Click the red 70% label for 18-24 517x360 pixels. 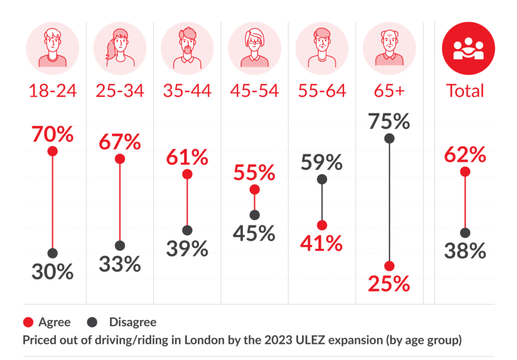pos(53,135)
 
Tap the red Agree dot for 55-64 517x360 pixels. pos(322,225)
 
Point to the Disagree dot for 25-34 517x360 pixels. pos(120,246)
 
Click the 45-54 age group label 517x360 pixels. pos(254,91)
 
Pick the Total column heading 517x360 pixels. pos(465,91)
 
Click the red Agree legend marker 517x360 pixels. pos(29,322)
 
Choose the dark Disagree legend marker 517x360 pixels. pos(91,322)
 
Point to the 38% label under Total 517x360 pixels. pos(465,251)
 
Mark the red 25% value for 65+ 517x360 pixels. pos(389,285)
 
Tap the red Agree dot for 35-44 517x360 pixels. pos(187,174)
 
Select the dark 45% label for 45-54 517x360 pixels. pos(254,233)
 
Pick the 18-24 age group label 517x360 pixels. pos(53,91)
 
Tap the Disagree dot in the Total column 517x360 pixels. pos(465,233)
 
